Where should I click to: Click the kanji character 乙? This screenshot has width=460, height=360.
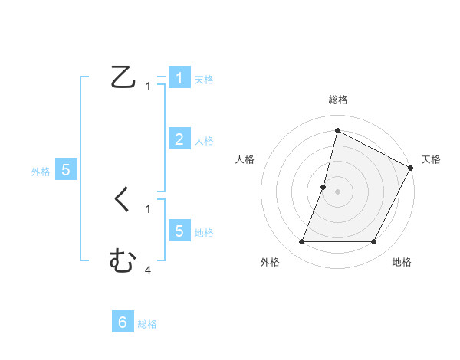pos(123,77)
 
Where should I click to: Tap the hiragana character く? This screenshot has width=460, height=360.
pos(123,200)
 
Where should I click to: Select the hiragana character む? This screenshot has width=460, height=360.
pos(123,261)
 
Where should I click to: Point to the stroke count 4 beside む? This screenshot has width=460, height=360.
pos(148,270)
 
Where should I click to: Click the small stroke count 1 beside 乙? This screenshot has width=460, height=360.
pos(148,87)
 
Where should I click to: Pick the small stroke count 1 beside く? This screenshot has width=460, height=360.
pos(148,208)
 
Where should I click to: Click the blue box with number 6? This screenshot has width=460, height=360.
pos(122,322)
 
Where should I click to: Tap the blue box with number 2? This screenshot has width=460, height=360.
pos(179,139)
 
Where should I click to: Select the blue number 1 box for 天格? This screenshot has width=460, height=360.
pos(179,78)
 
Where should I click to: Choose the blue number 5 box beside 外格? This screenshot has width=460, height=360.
pos(66,170)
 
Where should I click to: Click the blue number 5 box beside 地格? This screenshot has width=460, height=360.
pos(179,231)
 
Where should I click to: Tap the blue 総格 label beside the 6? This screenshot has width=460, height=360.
pos(147,324)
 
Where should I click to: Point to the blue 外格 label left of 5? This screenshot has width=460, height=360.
pos(41,172)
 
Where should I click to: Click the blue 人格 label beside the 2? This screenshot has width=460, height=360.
pos(204,141)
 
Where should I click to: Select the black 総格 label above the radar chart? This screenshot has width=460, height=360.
pos(337,100)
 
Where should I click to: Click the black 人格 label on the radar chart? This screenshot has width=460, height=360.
pos(245,159)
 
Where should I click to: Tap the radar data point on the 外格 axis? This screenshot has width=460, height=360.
pos(302,242)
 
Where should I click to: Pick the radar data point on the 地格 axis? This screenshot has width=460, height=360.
pos(374,242)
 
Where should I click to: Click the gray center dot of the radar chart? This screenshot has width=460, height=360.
pos(338,192)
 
